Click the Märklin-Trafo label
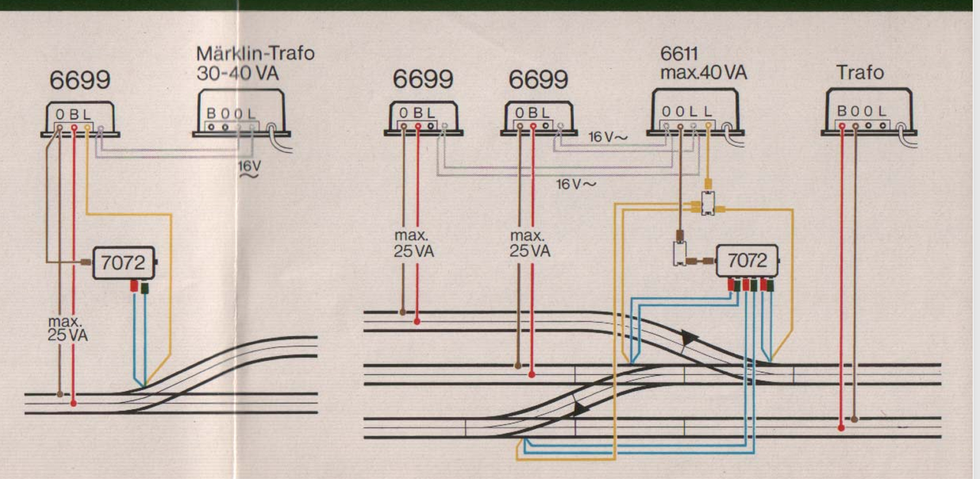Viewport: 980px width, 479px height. coord(256,54)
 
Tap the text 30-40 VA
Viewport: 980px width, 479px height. coord(237,73)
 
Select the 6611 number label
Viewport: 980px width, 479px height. coord(679,54)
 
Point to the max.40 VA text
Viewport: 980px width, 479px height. coord(704,73)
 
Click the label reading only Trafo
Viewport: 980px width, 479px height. coord(860,73)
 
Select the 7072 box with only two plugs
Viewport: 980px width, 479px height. coord(124,262)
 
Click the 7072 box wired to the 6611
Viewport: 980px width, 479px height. coord(747,260)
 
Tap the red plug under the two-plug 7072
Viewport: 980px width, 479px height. coord(134,286)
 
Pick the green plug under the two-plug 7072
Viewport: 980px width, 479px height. coord(145,288)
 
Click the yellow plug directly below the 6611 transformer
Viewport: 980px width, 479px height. coord(708,183)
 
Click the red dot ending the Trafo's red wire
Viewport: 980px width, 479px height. coord(841,428)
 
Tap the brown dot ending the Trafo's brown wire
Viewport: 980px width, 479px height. coord(854,419)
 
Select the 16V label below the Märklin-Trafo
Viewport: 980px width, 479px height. coord(250,168)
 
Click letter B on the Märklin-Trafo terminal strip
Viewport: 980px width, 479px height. coord(211,114)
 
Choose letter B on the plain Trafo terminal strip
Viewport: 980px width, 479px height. coord(841,111)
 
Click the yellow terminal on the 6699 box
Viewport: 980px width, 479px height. coord(87,128)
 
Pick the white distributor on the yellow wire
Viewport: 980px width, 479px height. coord(708,204)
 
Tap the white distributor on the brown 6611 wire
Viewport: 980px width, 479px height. coord(679,254)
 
